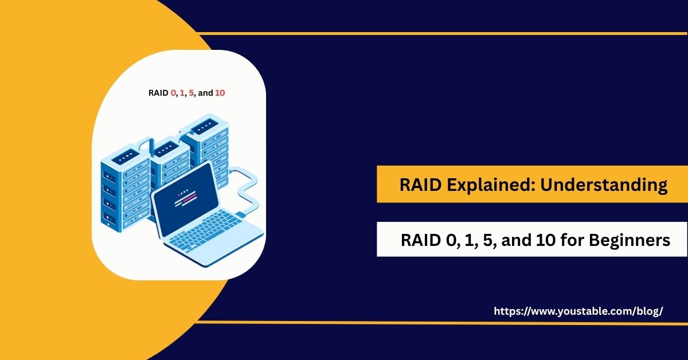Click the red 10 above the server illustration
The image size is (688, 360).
click(220, 92)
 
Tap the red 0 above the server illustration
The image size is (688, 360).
click(174, 92)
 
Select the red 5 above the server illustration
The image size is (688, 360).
click(191, 92)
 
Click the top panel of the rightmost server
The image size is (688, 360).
click(205, 124)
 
